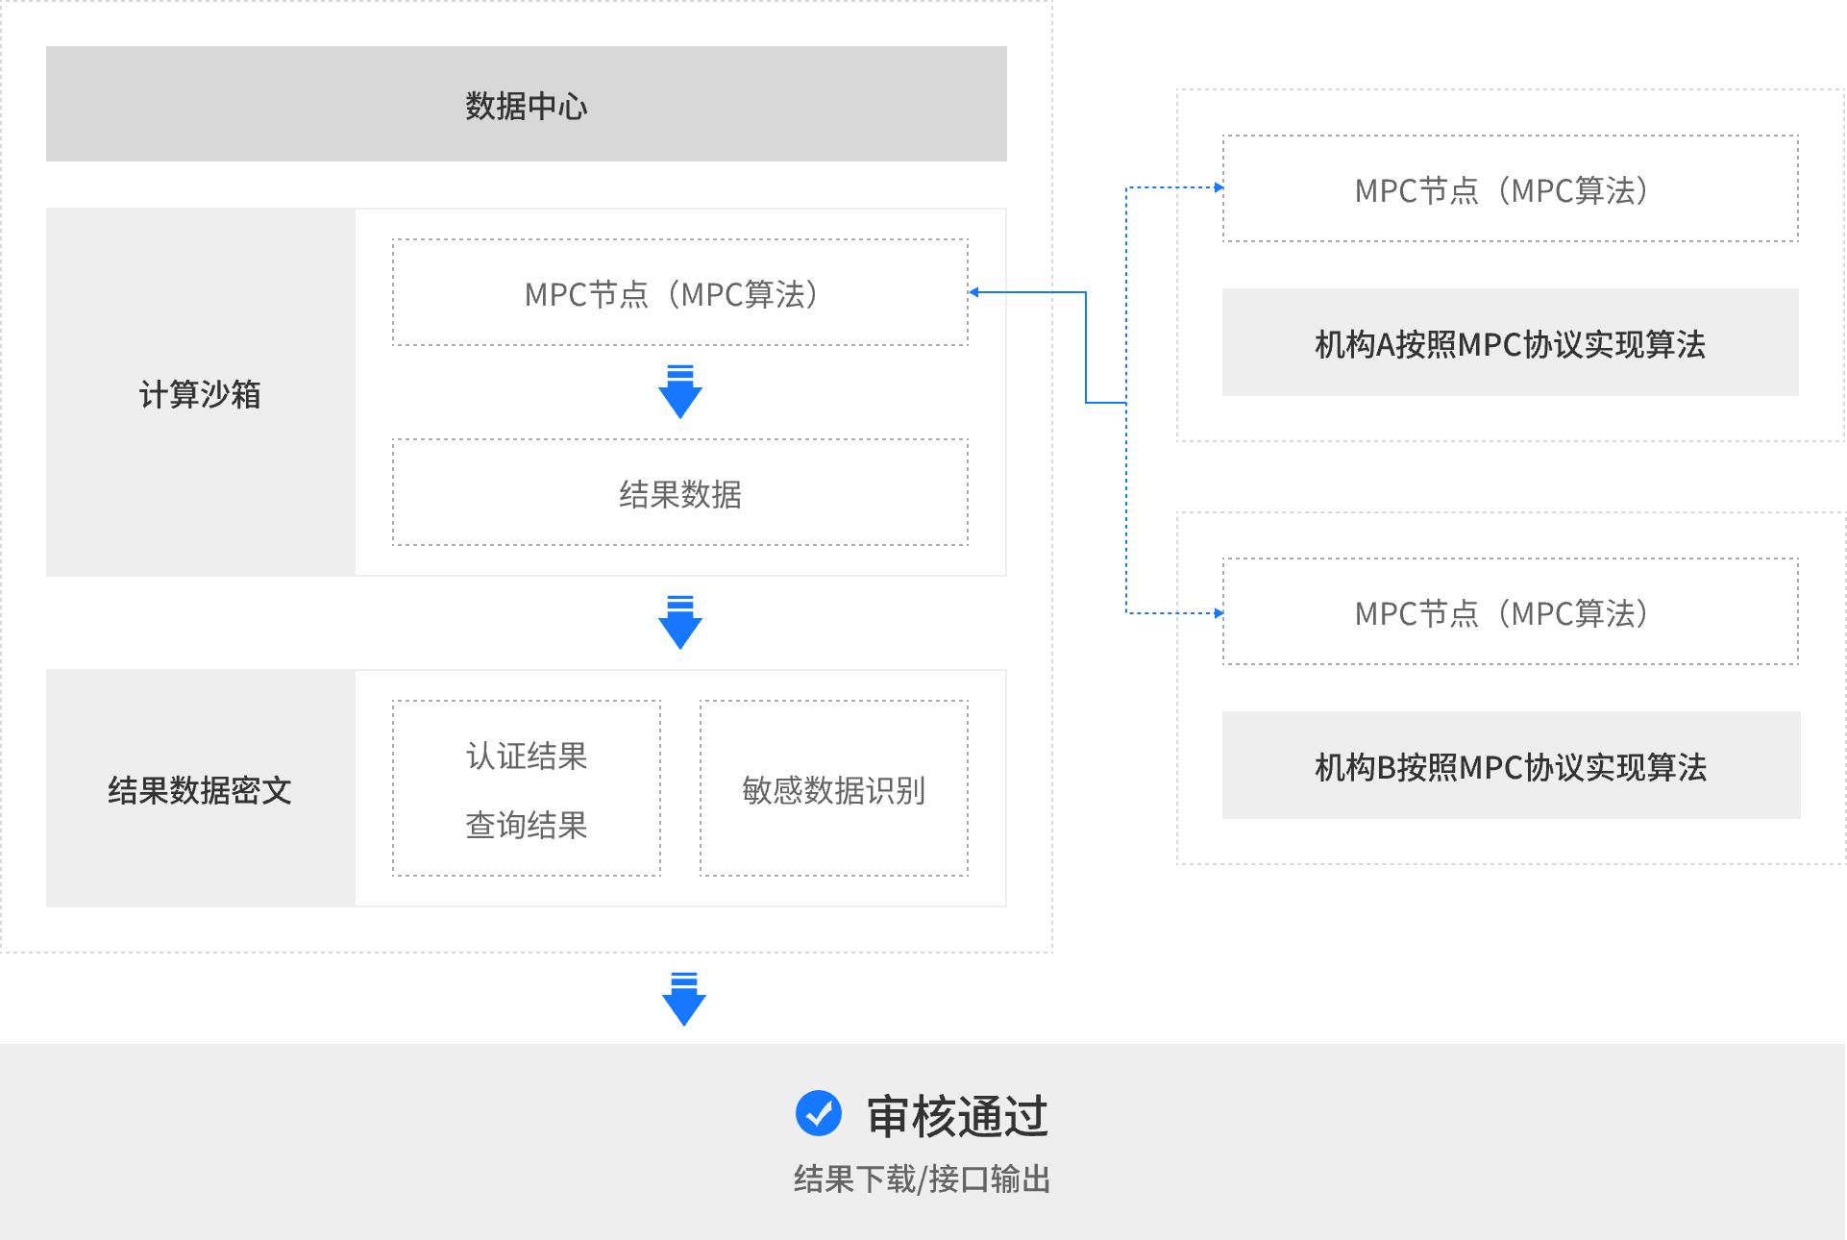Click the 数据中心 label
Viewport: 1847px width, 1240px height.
pyautogui.click(x=526, y=105)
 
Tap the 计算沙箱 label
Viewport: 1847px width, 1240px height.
pyautogui.click(x=200, y=394)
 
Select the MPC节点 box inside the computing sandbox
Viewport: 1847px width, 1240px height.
pyautogui.click(x=679, y=293)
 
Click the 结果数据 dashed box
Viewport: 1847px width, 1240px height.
pyautogui.click(x=679, y=493)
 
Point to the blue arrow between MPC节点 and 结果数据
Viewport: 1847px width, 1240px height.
pyautogui.click(x=680, y=391)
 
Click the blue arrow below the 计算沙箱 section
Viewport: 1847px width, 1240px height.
pyautogui.click(x=680, y=622)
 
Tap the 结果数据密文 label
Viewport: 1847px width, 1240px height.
pyautogui.click(x=200, y=789)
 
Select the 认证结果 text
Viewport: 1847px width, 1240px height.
pyautogui.click(x=527, y=756)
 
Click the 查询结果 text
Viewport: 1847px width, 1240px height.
pyautogui.click(x=527, y=825)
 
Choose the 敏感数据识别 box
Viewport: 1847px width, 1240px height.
pyautogui.click(x=833, y=789)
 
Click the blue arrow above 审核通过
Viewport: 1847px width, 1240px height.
pyautogui.click(x=684, y=999)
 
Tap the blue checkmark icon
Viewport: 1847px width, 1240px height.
pyautogui.click(x=819, y=1113)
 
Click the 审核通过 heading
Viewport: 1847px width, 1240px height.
pyautogui.click(x=957, y=1116)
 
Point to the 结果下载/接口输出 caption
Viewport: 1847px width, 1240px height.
pyautogui.click(x=922, y=1178)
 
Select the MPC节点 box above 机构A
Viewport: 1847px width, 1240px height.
pyautogui.click(x=1510, y=189)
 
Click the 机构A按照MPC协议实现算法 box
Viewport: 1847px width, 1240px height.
pyautogui.click(x=1510, y=343)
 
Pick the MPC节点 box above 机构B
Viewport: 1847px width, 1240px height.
pyautogui.click(x=1510, y=612)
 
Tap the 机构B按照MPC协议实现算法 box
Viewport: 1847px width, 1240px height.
pyautogui.click(x=1511, y=766)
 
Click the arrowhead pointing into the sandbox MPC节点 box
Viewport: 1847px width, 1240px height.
pyautogui.click(x=974, y=292)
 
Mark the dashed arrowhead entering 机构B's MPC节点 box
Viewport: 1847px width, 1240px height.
pyautogui.click(x=1218, y=612)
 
